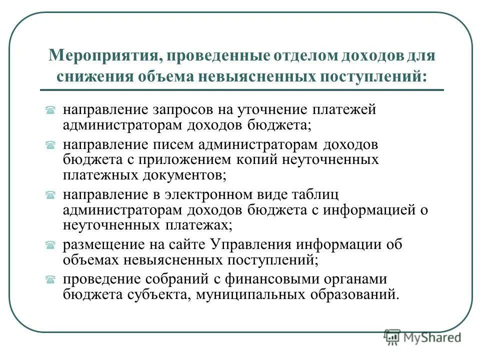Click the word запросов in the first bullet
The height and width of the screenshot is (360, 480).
click(x=180, y=109)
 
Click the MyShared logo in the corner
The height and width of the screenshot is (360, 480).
click(x=422, y=337)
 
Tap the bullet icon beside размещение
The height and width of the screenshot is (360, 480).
click(x=50, y=245)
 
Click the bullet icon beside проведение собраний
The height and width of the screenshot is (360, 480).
click(x=50, y=279)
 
